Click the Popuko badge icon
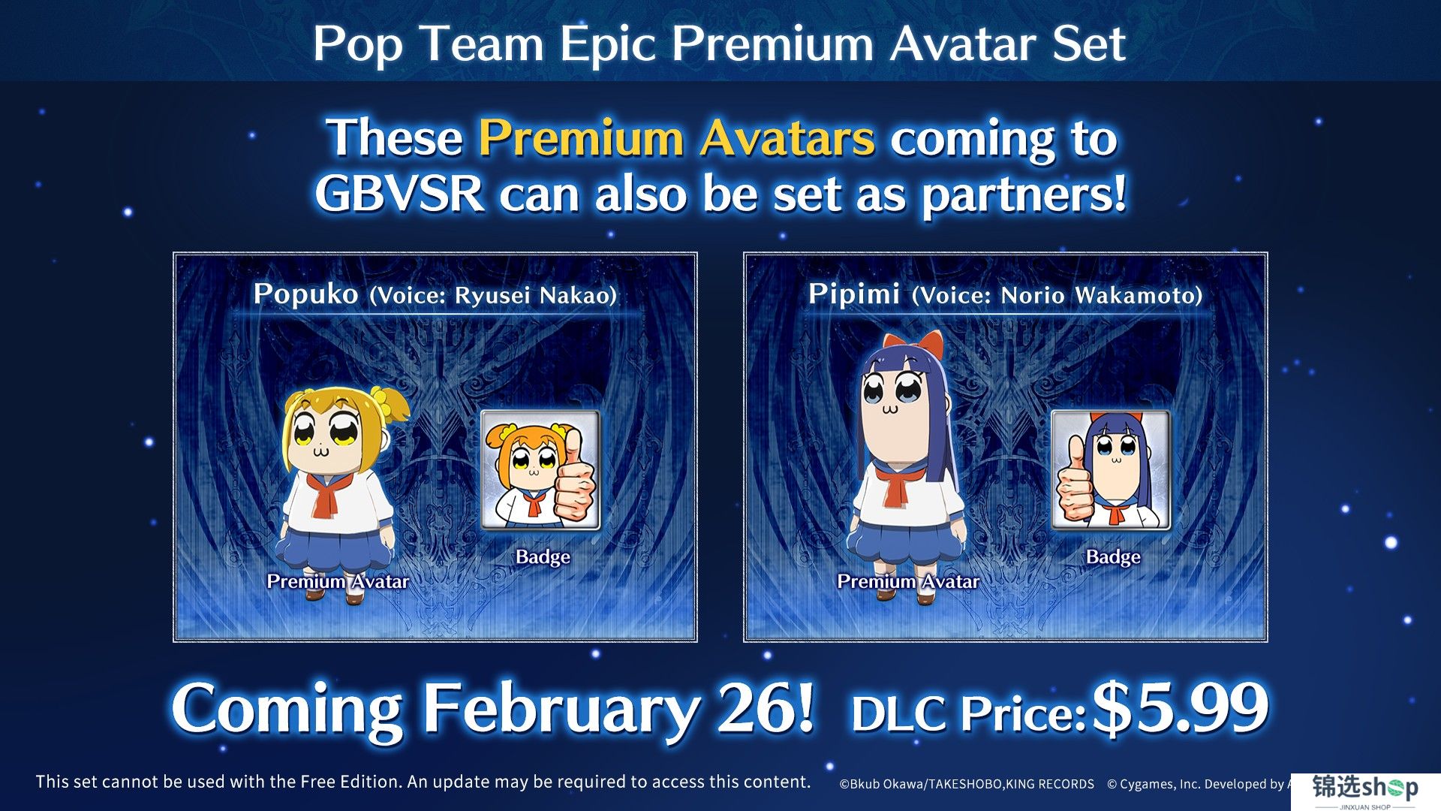click(x=540, y=470)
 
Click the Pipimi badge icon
click(x=1111, y=470)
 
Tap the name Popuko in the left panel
click(x=305, y=294)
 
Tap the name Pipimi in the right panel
click(x=854, y=294)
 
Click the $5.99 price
click(x=1180, y=708)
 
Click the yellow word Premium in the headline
click(x=581, y=138)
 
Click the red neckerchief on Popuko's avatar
click(x=324, y=494)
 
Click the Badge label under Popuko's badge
click(x=543, y=557)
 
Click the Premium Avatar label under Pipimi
click(x=908, y=581)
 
